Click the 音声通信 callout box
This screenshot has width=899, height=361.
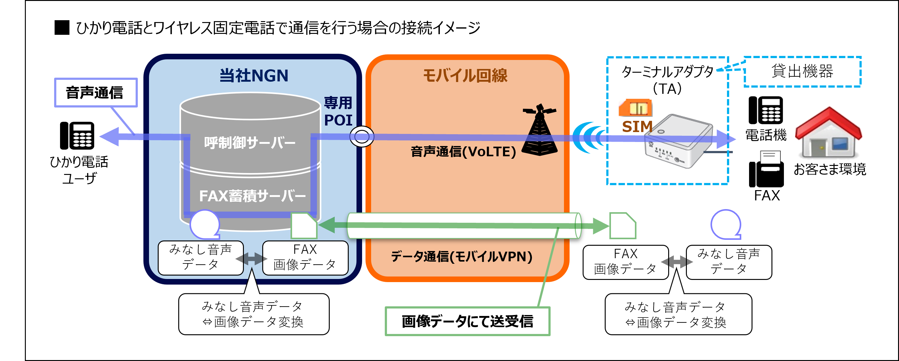click(95, 93)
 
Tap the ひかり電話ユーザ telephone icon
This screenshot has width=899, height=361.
click(77, 135)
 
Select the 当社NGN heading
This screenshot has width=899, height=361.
click(254, 75)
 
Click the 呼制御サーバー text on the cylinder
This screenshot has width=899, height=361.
click(249, 143)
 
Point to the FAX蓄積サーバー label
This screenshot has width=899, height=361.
click(252, 195)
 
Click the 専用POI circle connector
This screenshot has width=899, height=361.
click(361, 136)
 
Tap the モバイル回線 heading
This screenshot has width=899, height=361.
click(465, 75)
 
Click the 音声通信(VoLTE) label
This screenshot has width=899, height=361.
click(463, 152)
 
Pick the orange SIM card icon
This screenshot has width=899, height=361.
click(635, 108)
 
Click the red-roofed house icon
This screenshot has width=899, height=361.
click(828, 132)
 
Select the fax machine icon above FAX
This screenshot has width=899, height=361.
click(766, 169)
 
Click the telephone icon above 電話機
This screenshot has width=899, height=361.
click(766, 110)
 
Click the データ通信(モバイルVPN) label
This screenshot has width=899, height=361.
click(461, 257)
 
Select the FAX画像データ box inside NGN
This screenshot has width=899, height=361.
click(305, 258)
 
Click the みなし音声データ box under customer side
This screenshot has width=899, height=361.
click(729, 262)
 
